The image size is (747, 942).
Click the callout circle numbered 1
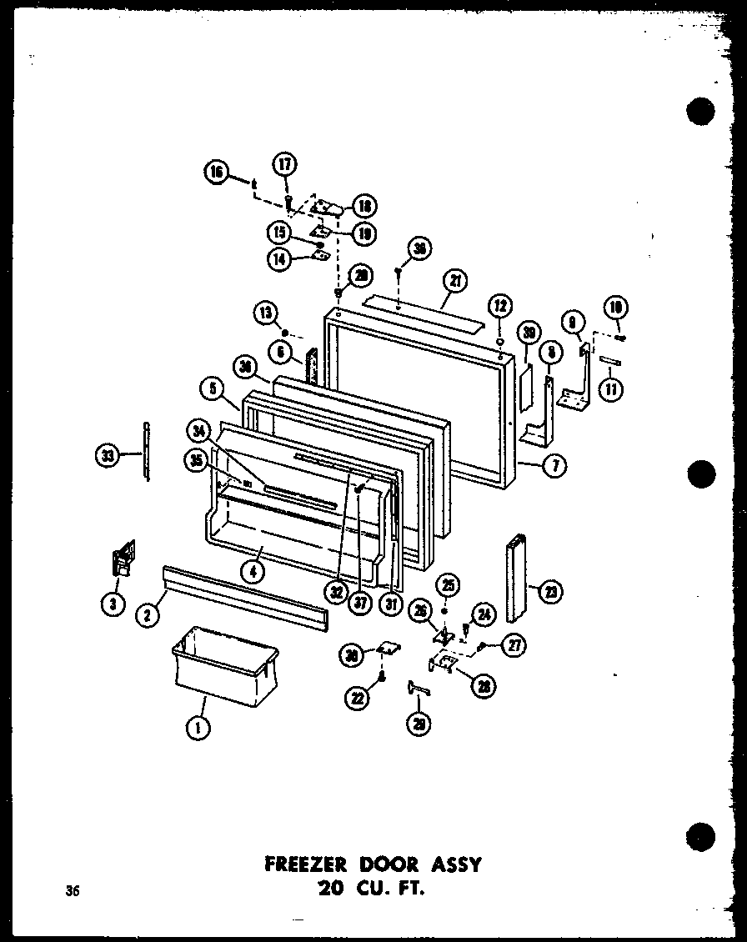pyautogui.click(x=198, y=728)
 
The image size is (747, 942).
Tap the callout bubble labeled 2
pyautogui.click(x=148, y=615)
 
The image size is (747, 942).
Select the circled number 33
pyautogui.click(x=108, y=455)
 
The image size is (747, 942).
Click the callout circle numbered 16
pyautogui.click(x=218, y=173)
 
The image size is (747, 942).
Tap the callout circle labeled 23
pyautogui.click(x=551, y=592)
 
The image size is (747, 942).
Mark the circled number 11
pyautogui.click(x=614, y=388)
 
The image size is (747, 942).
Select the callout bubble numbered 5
pyautogui.click(x=212, y=388)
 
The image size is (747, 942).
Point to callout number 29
pyautogui.click(x=415, y=724)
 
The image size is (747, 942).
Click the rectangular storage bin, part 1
pyautogui.click(x=225, y=664)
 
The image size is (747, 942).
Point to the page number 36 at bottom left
pyautogui.click(x=73, y=891)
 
